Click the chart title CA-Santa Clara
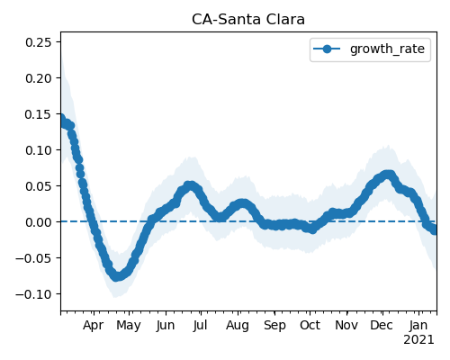pyautogui.click(x=248, y=20)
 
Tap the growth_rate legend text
pyautogui.click(x=387, y=49)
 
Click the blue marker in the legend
pyautogui.click(x=327, y=49)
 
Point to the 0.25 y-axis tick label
pyautogui.click(x=39, y=42)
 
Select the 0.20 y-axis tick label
pyautogui.click(x=39, y=78)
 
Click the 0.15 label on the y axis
pyautogui.click(x=39, y=114)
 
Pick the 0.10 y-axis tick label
pyautogui.click(x=39, y=150)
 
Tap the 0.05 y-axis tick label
pyautogui.click(x=39, y=186)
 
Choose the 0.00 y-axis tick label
pyautogui.click(x=39, y=222)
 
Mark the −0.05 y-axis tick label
pyautogui.click(x=33, y=258)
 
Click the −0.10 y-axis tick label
pyautogui.click(x=33, y=294)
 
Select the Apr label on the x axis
pyautogui.click(x=94, y=326)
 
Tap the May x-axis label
pyautogui.click(x=129, y=326)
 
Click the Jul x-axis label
pyautogui.click(x=200, y=325)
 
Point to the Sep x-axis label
pyautogui.click(x=274, y=326)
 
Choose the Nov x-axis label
pyautogui.click(x=346, y=325)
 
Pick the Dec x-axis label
pyautogui.click(x=382, y=325)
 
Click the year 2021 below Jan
pyautogui.click(x=418, y=340)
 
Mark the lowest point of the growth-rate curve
pyautogui.click(x=117, y=276)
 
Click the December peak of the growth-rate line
pyautogui.click(x=388, y=175)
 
